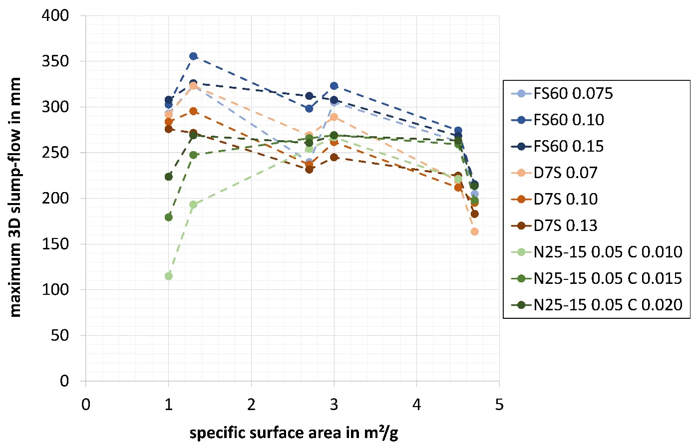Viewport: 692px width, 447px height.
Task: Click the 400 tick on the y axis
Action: point(55,15)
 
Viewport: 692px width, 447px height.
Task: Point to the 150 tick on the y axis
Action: point(55,244)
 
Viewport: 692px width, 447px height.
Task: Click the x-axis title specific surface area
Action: point(294,433)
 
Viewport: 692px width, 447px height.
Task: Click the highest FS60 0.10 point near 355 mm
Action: point(193,56)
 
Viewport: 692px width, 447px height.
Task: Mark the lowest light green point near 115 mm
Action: point(168,276)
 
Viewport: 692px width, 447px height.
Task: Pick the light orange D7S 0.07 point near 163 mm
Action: point(474,231)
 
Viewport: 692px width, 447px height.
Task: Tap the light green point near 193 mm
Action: point(193,205)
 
